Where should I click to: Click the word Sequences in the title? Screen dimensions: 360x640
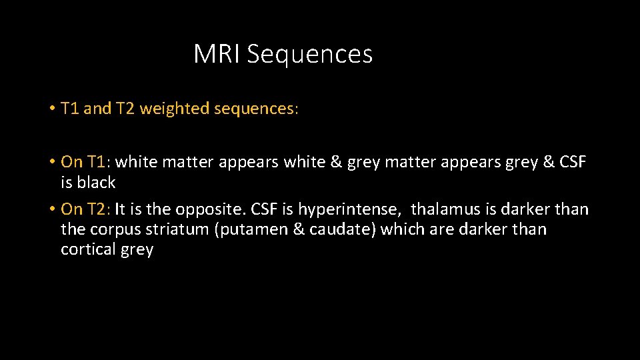(309, 55)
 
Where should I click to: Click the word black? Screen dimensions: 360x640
(97, 183)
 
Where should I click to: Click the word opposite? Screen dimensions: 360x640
(206, 210)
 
